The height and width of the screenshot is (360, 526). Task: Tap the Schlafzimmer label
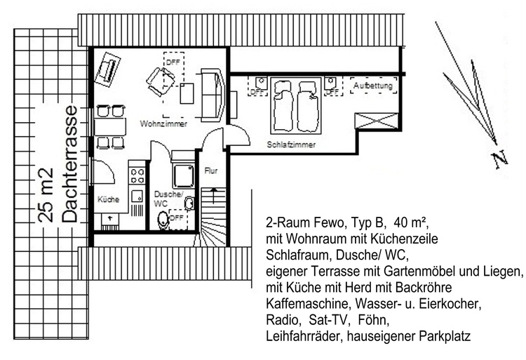tap(291, 144)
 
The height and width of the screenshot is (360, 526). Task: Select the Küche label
tap(108, 199)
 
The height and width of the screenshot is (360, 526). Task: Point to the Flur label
tap(211, 171)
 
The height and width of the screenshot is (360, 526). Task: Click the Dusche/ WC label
tap(167, 198)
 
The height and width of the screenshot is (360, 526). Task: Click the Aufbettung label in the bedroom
tap(372, 86)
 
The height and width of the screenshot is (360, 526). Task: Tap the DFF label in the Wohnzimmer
tap(172, 62)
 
